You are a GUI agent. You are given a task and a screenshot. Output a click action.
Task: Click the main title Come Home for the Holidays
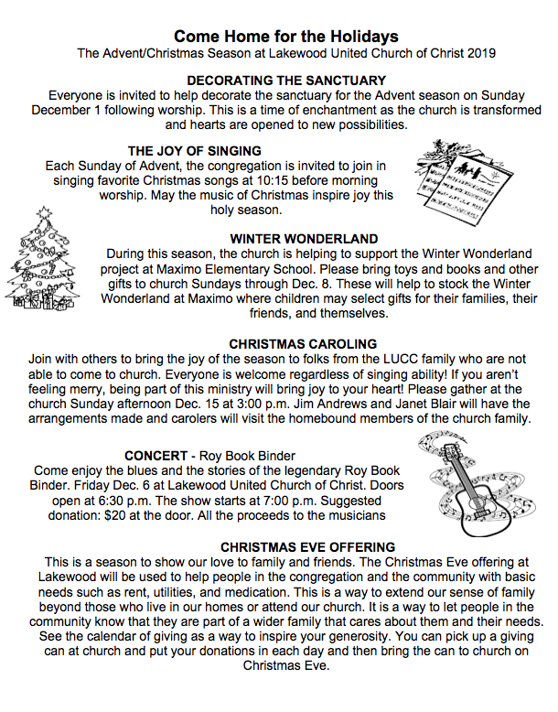tap(285, 37)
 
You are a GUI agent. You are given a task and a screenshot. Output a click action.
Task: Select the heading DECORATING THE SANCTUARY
tap(285, 81)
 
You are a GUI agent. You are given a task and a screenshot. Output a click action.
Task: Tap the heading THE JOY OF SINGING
tap(195, 151)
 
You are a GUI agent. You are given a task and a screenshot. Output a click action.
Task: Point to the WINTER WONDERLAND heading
tap(291, 239)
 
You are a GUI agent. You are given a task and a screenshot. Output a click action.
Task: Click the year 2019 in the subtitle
tap(481, 54)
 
